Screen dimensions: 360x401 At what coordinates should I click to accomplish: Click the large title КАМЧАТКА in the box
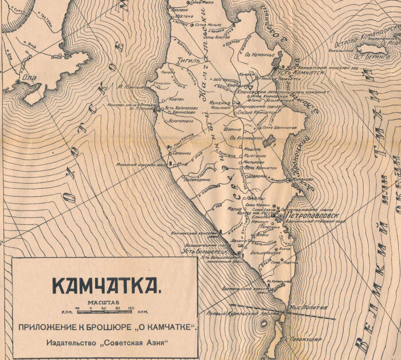(x=104, y=284)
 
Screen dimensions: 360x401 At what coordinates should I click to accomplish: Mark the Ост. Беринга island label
(x=366, y=56)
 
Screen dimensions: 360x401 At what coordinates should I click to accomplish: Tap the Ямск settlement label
(x=56, y=57)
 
